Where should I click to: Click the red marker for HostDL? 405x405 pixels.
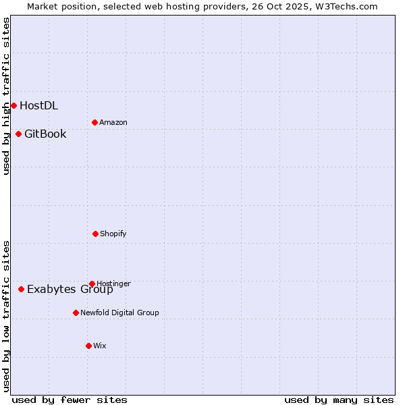[x=13, y=105]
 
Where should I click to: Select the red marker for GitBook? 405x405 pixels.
[x=18, y=134]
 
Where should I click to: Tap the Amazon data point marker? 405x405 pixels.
[x=94, y=122]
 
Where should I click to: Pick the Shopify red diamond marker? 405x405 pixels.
[x=95, y=234]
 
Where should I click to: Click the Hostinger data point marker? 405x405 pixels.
[x=92, y=283]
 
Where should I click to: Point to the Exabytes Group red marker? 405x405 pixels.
[x=21, y=289]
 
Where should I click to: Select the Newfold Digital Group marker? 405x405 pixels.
[x=76, y=313]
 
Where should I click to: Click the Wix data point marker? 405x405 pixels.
[x=88, y=346]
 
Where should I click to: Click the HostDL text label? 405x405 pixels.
[x=38, y=105]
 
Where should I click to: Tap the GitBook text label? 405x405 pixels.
[x=45, y=134]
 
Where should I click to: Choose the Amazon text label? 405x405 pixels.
[x=113, y=122]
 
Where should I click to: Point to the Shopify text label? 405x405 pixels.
[x=113, y=234]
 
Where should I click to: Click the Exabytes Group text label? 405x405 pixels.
[x=70, y=290]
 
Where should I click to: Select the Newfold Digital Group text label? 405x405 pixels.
[x=119, y=313]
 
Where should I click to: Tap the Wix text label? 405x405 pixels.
[x=100, y=346]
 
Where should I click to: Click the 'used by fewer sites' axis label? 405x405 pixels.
[x=70, y=400]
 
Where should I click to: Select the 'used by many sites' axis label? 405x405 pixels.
[x=339, y=400]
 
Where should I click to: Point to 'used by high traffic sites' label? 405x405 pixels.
[x=6, y=96]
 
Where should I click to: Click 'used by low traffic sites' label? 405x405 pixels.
[x=6, y=315]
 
